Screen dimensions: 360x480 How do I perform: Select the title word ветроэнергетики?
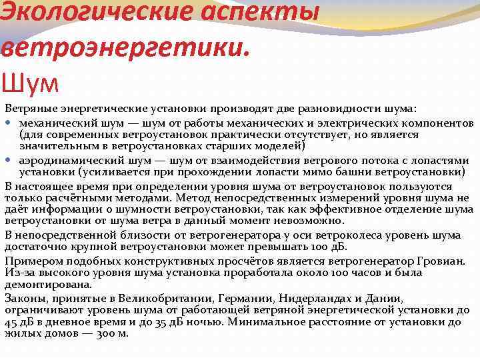click(x=126, y=48)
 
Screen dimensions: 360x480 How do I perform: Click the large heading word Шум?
click(x=31, y=83)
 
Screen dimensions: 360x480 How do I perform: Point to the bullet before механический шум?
click(x=9, y=124)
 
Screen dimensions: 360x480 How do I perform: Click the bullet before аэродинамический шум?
click(x=9, y=161)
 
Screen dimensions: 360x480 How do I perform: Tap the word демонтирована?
click(x=48, y=284)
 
